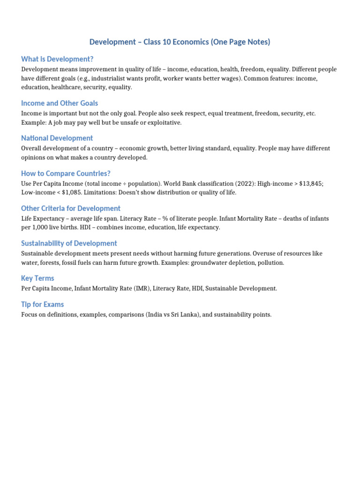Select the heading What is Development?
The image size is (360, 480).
point(57,59)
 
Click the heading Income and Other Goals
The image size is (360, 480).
point(60,103)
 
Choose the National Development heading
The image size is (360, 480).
point(57,138)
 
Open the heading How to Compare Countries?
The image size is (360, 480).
point(66,173)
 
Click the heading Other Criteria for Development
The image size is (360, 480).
point(71,209)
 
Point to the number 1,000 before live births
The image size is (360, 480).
point(41,228)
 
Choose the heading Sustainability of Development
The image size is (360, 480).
point(69,244)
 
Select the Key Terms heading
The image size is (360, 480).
point(37,278)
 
